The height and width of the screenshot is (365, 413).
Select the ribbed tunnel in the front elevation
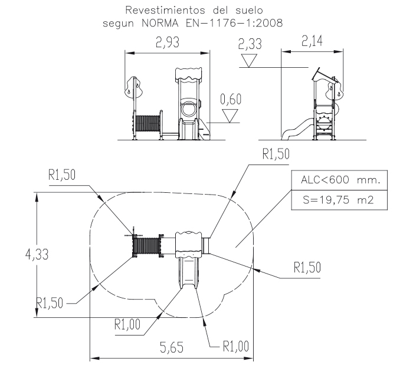(148, 124)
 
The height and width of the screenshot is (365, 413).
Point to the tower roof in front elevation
(190, 74)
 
